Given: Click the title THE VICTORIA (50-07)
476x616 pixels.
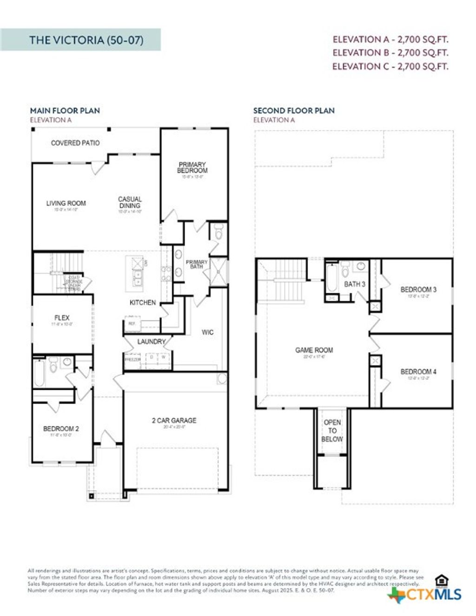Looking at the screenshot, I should point(86,40).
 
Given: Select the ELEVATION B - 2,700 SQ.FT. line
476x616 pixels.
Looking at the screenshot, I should point(390,52).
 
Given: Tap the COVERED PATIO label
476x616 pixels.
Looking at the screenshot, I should point(75,143).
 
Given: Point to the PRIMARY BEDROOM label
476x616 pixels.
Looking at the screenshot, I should point(192,168).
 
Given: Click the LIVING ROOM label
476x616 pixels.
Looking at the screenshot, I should point(66,203).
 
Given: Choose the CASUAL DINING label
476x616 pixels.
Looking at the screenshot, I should point(130,203).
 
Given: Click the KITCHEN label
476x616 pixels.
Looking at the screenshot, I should point(143,302).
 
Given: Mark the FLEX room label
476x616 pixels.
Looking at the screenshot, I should point(62,318).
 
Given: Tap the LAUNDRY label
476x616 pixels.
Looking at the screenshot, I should point(151,341).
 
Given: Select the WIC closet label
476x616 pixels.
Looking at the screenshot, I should point(208,332).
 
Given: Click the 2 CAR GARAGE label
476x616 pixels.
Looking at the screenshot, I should point(174,420).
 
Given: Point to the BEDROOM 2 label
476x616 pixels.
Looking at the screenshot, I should point(61,429).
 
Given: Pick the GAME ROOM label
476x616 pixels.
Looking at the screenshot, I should point(314,350).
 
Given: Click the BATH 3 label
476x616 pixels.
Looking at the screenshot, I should point(355,284).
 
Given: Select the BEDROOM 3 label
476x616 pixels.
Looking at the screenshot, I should point(418,289).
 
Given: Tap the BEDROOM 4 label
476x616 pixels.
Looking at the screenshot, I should point(418,372).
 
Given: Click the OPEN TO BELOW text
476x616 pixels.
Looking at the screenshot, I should point(332,431).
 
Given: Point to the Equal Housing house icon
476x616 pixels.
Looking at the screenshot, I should point(441,580).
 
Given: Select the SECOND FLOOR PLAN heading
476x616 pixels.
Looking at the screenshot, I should point(294,111).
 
